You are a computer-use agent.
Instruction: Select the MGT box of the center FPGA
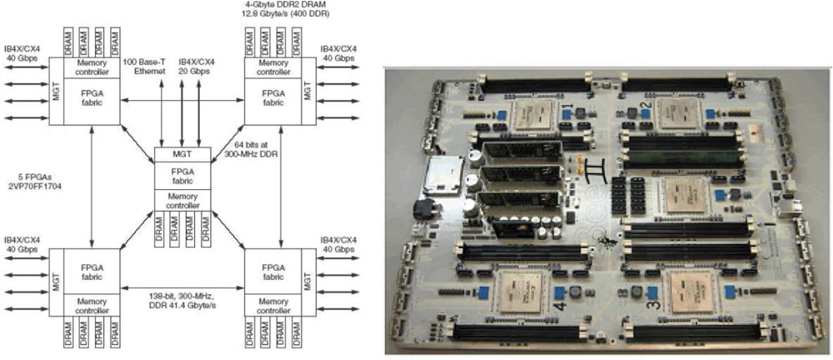click(182, 153)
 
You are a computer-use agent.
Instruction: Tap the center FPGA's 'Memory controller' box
click(182, 200)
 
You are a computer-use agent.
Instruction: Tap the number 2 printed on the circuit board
click(641, 106)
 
